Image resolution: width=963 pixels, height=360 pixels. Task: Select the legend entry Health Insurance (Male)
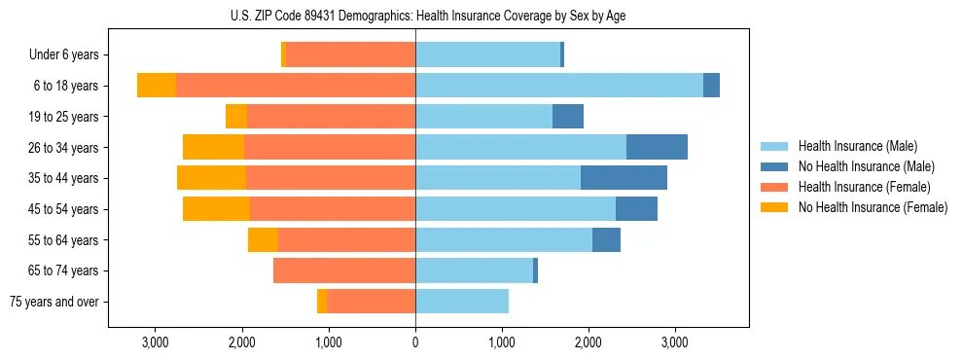[x=857, y=146]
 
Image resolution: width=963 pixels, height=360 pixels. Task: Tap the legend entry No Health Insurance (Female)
[x=872, y=207]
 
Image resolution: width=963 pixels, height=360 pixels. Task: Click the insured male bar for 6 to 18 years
[x=559, y=86]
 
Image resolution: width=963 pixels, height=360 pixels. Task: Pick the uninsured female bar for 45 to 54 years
[x=216, y=209]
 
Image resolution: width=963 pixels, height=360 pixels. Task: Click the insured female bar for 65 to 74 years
[x=344, y=270]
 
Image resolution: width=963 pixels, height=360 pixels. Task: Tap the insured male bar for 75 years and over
[x=462, y=302]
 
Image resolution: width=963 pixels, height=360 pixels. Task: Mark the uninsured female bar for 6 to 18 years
[x=157, y=86]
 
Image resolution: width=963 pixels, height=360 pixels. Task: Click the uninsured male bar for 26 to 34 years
[x=657, y=148]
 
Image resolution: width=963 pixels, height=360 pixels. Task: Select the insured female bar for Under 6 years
[x=350, y=55]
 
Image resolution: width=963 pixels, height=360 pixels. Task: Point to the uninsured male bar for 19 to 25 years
[x=568, y=117]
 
